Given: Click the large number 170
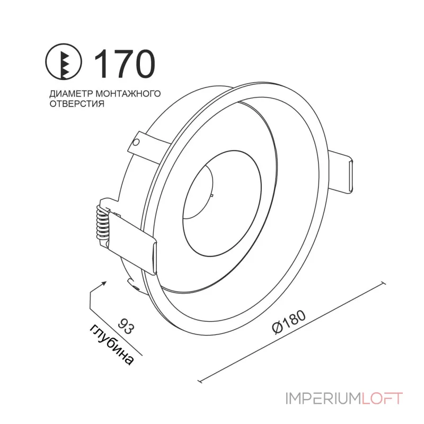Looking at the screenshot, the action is click(x=125, y=64).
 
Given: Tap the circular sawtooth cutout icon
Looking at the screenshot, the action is click(x=63, y=61).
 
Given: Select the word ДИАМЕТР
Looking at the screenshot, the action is click(x=71, y=94).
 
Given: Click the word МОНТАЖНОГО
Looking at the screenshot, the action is click(x=128, y=94).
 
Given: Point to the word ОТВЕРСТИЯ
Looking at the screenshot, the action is click(x=77, y=103).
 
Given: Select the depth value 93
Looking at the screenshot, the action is click(x=126, y=326).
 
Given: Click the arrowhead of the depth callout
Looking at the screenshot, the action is click(x=103, y=284).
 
